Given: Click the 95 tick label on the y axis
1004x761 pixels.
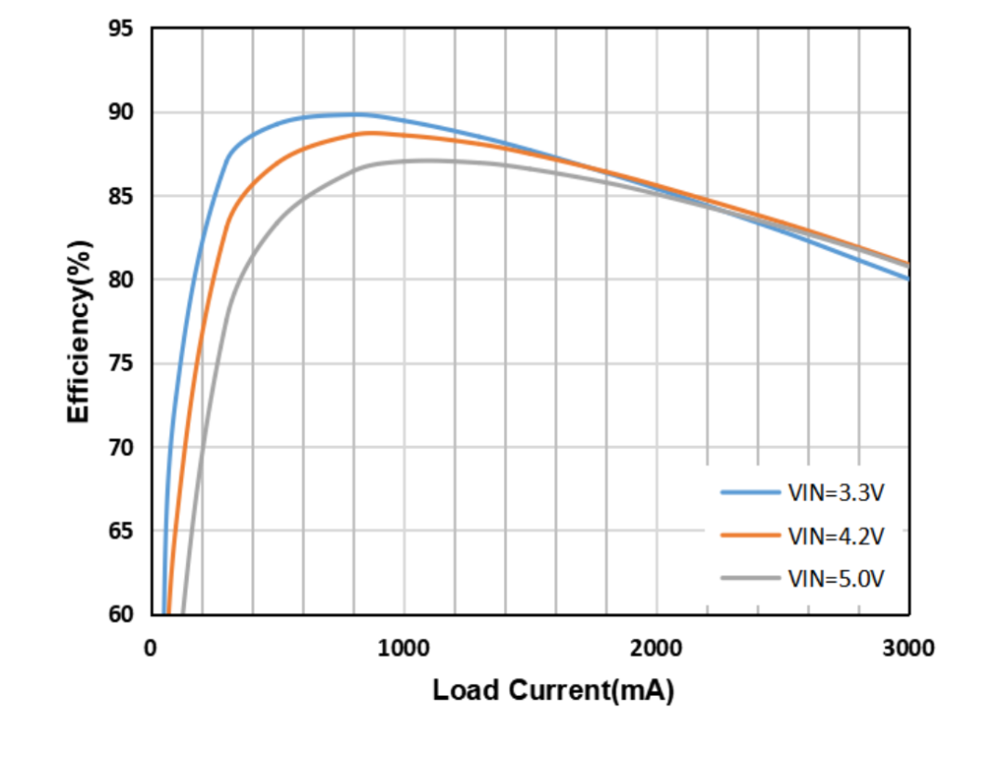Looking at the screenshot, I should (x=121, y=29).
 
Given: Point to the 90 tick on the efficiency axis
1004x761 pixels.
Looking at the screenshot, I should (x=121, y=112).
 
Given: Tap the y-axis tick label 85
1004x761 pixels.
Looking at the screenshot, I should (x=121, y=196).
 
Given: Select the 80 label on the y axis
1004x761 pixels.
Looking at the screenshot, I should (x=121, y=280).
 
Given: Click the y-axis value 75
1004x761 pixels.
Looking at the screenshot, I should (x=121, y=363).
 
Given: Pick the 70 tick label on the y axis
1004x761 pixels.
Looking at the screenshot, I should (x=121, y=447).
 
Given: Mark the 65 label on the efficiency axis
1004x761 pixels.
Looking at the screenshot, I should (x=121, y=531).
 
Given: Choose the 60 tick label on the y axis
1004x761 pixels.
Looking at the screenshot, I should (x=121, y=614).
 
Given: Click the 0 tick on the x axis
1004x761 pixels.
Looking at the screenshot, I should (x=151, y=648).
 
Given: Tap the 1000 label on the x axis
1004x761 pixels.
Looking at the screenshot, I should (x=403, y=648).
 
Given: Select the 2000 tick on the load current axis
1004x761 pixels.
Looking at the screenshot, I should (x=656, y=648).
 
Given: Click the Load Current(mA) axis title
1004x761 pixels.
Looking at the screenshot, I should (x=553, y=691).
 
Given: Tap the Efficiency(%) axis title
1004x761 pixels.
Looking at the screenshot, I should (x=79, y=331).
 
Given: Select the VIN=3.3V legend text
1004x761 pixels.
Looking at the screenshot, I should (x=836, y=492).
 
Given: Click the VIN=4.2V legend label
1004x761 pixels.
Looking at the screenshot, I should (x=836, y=535).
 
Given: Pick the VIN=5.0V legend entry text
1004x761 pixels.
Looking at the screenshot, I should (x=836, y=578).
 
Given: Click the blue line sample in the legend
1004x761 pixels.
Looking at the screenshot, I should (x=749, y=492).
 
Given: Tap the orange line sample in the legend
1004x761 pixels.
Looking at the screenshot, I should (x=749, y=535).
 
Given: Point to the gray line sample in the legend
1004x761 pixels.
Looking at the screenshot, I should (x=749, y=578).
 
